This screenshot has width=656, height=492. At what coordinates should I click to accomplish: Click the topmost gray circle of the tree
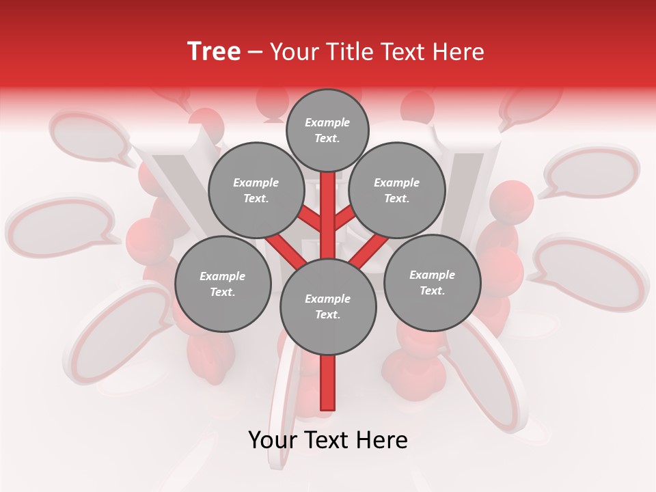point(327,130)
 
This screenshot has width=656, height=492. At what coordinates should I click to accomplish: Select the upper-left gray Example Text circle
point(256,190)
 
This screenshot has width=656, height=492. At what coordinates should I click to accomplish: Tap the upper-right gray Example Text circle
point(397,190)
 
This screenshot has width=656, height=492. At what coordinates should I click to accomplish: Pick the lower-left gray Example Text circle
point(223,284)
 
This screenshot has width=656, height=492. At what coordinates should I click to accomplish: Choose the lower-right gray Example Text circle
point(432,283)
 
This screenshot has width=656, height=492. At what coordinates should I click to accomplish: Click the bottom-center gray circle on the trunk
point(328,307)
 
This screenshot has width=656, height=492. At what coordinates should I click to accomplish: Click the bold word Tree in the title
point(214,51)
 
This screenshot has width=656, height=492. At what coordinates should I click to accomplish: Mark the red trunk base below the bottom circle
point(328,383)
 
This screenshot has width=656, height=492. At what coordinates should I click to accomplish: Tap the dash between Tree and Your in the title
point(255,52)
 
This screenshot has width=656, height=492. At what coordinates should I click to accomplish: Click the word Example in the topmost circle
point(327,122)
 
